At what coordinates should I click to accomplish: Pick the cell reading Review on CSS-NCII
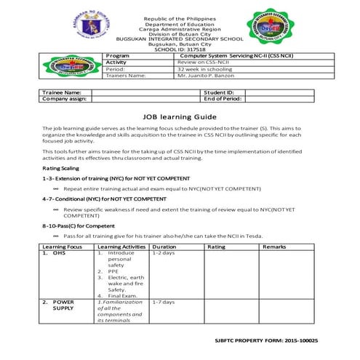point(207,63)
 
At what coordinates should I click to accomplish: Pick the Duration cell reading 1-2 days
point(163,253)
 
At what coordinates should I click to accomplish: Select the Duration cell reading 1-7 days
point(163,302)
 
